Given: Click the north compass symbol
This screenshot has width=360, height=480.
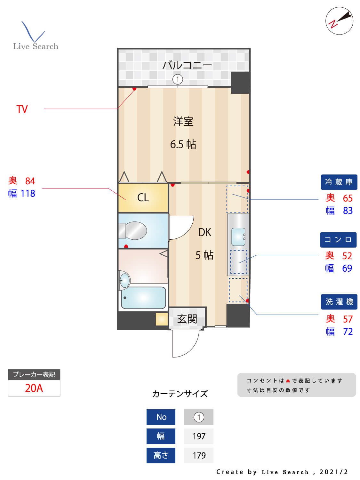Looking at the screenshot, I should [x=339, y=21].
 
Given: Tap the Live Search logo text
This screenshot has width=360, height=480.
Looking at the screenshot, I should [x=36, y=46].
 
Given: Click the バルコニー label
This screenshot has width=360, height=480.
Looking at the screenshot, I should [x=187, y=65].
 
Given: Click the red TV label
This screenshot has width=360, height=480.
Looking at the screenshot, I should [x=22, y=109].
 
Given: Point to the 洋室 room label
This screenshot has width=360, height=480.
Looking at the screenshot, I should [x=183, y=122].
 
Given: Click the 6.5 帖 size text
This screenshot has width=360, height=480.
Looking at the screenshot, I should [x=183, y=144].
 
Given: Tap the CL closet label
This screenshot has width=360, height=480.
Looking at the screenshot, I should [x=143, y=197].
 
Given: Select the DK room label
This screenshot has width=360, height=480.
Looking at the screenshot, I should [x=204, y=232].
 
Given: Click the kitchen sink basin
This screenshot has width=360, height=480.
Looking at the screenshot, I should [x=238, y=236].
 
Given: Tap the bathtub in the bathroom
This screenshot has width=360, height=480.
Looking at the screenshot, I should [x=143, y=298].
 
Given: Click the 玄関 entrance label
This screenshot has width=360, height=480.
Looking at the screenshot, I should [x=187, y=319].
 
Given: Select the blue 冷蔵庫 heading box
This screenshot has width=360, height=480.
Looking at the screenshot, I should [x=339, y=182].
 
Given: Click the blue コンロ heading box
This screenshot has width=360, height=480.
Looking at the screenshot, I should [x=338, y=240].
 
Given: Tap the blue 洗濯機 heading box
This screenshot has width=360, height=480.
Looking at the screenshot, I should [x=339, y=302].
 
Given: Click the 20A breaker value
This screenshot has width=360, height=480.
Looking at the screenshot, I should [x=34, y=388].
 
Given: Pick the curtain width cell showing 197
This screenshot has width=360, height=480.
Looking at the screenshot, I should [x=199, y=436].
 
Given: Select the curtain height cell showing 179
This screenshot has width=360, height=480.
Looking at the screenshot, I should [x=199, y=455].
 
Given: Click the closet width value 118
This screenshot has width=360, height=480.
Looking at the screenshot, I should [x=28, y=194].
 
